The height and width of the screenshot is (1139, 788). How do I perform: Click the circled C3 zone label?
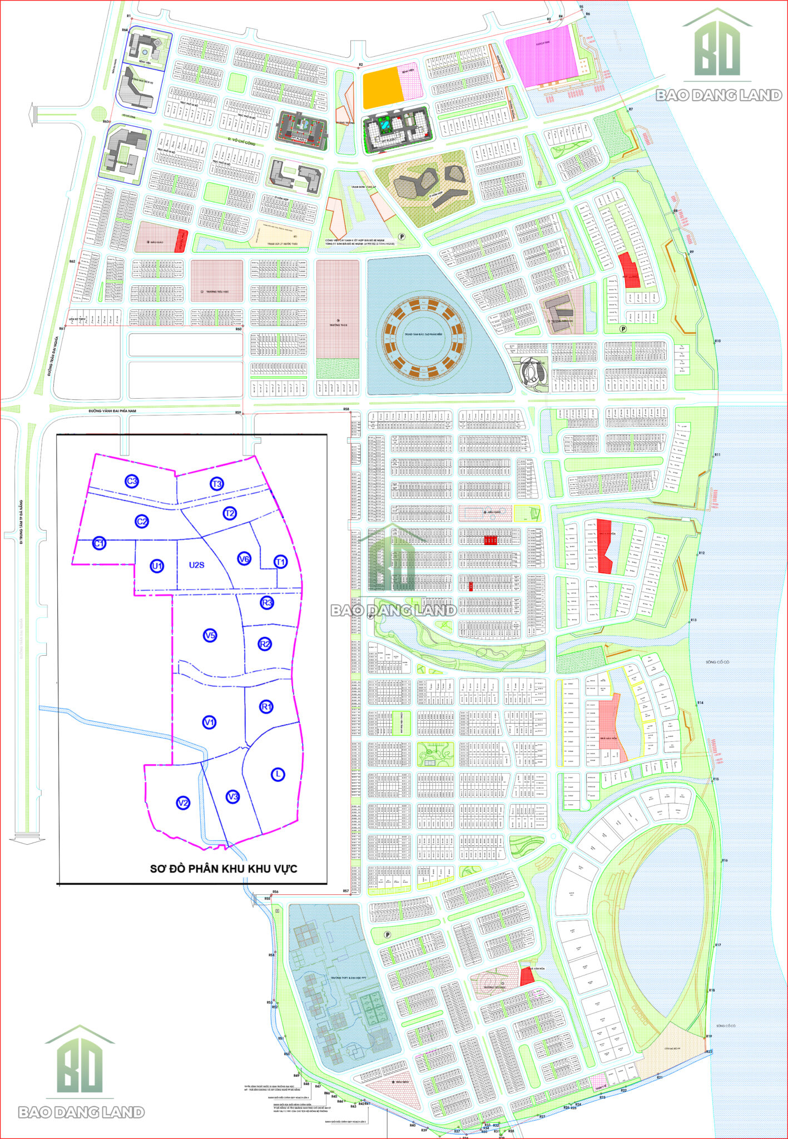pyautogui.click(x=132, y=482)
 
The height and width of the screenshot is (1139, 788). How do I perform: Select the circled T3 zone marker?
pyautogui.click(x=216, y=484)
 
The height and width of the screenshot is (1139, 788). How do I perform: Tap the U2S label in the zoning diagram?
pyautogui.click(x=197, y=565)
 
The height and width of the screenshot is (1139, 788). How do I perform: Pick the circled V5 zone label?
pyautogui.click(x=210, y=635)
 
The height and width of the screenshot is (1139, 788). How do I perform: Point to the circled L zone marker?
pyautogui.click(x=277, y=774)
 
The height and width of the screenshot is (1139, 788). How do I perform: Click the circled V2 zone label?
pyautogui.click(x=182, y=803)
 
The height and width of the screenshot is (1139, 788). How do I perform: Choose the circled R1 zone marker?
pyautogui.click(x=266, y=707)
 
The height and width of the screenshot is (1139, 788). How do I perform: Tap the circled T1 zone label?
pyautogui.click(x=280, y=562)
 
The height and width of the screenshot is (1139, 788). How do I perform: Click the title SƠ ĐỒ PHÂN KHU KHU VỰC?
pyautogui.click(x=224, y=869)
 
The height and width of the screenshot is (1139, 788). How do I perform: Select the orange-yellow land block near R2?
pyautogui.click(x=383, y=88)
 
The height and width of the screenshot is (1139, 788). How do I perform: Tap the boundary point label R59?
pyautogui.click(x=238, y=413)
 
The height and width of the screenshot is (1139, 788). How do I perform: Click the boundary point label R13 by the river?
pyautogui.click(x=693, y=620)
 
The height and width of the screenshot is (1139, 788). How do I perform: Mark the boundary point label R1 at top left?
pyautogui.click(x=128, y=16)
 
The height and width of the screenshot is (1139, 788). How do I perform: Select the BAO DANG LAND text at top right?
pyautogui.click(x=718, y=96)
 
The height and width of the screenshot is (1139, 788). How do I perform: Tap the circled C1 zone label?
pyautogui.click(x=99, y=543)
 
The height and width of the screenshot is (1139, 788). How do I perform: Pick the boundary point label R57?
pyautogui.click(x=345, y=891)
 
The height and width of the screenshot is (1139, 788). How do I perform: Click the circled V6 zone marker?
pyautogui.click(x=244, y=559)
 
